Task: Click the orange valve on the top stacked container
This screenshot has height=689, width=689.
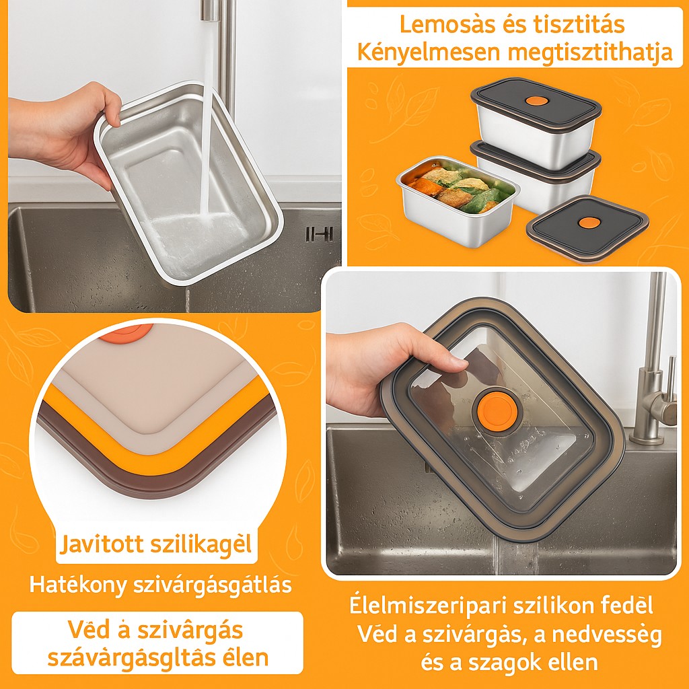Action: pyautogui.click(x=536, y=102)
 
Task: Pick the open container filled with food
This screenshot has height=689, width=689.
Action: pyautogui.click(x=457, y=198)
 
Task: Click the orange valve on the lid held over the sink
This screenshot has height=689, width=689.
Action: pyautogui.click(x=495, y=410)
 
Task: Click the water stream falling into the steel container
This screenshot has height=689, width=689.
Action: pyautogui.click(x=207, y=135)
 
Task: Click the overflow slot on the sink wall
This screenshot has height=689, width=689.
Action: pyautogui.click(x=319, y=234)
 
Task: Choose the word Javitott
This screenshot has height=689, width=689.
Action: pyautogui.click(x=102, y=544)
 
